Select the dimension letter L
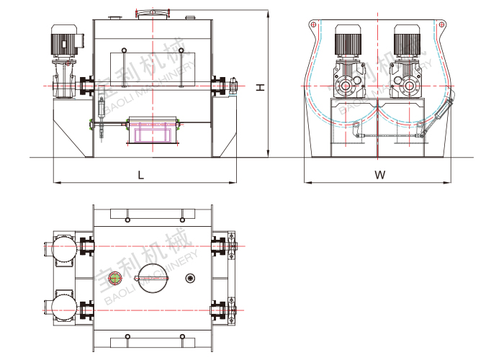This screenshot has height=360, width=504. [141, 174]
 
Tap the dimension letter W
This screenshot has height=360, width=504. [380, 174]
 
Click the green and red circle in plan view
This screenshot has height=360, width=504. [114, 279]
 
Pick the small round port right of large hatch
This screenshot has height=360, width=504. [190, 279]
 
